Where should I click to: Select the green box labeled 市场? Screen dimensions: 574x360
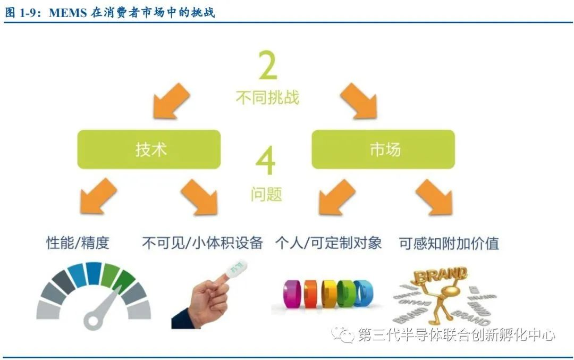[x=383, y=149]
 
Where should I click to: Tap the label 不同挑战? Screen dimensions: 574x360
[x=267, y=97]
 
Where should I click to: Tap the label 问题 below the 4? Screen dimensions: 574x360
[x=267, y=194]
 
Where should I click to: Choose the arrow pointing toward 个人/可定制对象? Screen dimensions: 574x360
[x=336, y=198]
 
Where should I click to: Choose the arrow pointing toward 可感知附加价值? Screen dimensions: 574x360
[x=435, y=198]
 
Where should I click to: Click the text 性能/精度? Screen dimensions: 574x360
[x=78, y=243]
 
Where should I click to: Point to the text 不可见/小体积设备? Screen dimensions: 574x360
[x=202, y=243]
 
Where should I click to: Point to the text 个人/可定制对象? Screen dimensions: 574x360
[x=328, y=243]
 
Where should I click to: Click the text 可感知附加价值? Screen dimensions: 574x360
[x=449, y=243]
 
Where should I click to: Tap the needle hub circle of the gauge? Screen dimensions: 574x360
[x=92, y=319]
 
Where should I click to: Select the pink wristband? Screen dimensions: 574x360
[x=292, y=294]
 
